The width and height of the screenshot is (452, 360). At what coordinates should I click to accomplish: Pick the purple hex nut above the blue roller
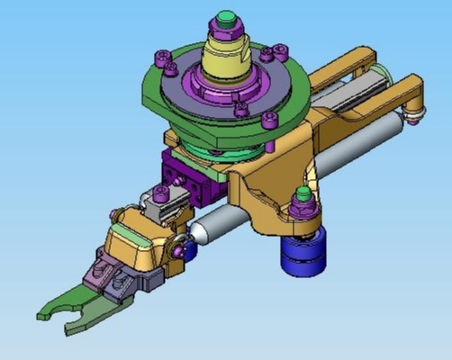(x=303, y=207)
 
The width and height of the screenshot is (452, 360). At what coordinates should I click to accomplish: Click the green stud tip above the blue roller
(x=303, y=193)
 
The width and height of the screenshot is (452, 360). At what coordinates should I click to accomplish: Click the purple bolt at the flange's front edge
(x=241, y=110)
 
